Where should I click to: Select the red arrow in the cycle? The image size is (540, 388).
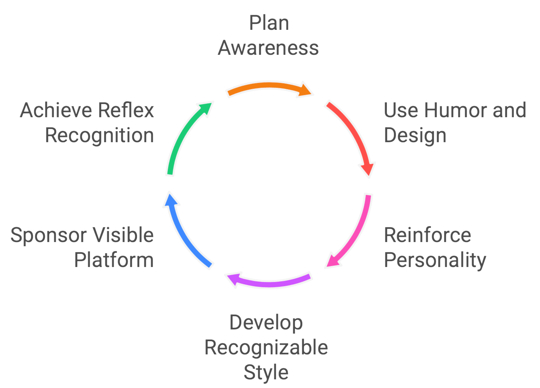click(352, 135)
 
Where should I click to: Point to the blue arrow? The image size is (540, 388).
click(184, 232)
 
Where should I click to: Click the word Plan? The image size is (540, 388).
click(269, 23)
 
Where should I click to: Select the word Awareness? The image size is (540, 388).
click(268, 48)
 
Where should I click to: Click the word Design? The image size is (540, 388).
click(415, 135)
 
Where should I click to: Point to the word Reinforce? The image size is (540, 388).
click(427, 235)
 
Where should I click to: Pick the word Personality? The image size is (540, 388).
click(435, 260)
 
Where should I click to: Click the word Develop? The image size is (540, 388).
click(266, 323)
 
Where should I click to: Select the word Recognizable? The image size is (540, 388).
click(266, 347)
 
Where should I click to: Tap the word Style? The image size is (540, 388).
click(266, 372)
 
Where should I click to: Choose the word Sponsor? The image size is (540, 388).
click(49, 235)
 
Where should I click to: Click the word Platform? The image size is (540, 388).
click(114, 260)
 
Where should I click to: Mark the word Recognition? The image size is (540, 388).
click(100, 135)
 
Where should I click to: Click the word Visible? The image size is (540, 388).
click(123, 235)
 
